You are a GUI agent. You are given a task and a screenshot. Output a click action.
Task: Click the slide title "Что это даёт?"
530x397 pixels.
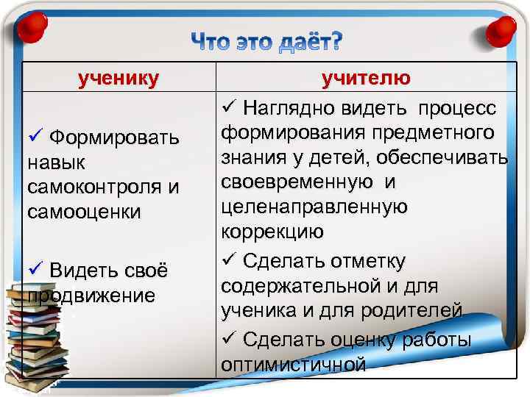click(x=267, y=43)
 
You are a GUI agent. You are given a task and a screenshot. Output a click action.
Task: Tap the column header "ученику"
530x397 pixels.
click(x=119, y=79)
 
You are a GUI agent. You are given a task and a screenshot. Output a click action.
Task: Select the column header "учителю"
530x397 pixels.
click(x=365, y=79)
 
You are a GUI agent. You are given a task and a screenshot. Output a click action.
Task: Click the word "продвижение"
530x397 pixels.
click(x=90, y=296)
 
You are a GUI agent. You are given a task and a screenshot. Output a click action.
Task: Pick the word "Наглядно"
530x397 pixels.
click(x=289, y=109)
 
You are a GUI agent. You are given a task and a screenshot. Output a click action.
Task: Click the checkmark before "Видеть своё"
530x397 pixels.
click(x=33, y=270)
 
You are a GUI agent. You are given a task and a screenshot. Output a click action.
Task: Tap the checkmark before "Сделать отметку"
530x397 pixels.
click(x=227, y=259)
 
